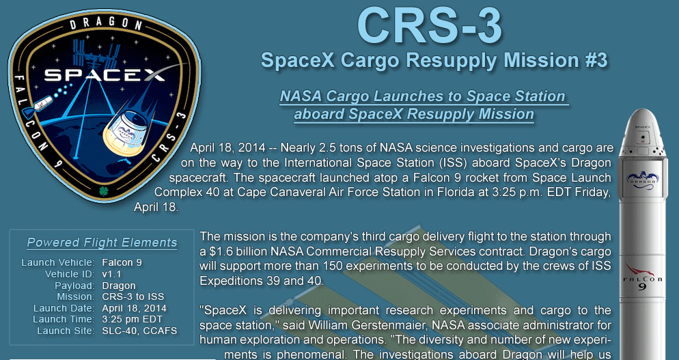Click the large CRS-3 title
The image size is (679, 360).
tap(429, 25)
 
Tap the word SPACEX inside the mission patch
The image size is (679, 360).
tap(105, 75)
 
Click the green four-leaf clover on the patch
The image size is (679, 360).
tap(104, 191)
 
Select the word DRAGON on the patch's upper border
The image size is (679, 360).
tap(106, 24)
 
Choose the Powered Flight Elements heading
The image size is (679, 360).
tap(102, 243)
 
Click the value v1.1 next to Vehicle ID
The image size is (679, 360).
tap(112, 274)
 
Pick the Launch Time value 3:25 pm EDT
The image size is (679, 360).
tap(133, 320)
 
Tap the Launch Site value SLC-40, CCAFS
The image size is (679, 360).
tap(139, 331)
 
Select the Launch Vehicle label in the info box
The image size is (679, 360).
tap(57, 262)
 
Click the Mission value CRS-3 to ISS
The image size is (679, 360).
tap(133, 296)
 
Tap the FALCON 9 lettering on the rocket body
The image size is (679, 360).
tap(643, 282)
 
